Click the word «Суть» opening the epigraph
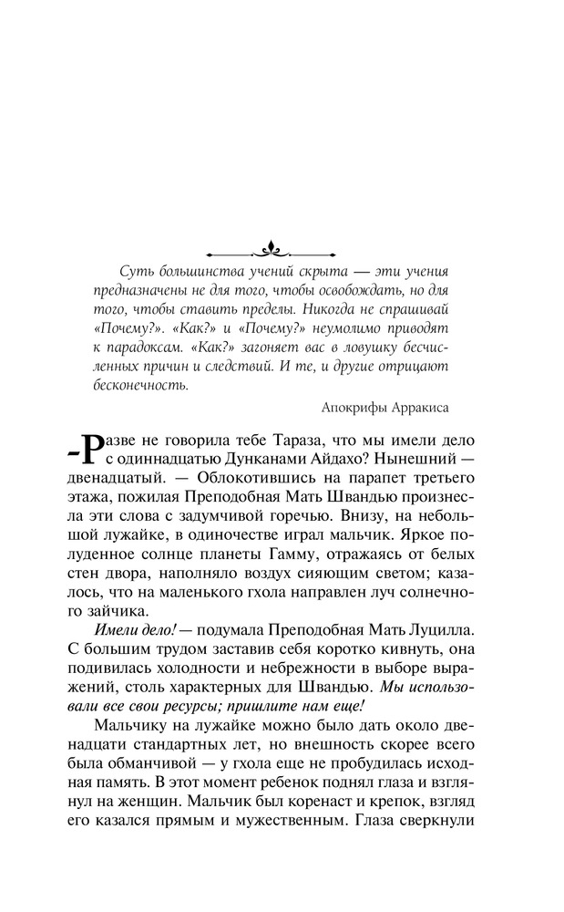[136, 271]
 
